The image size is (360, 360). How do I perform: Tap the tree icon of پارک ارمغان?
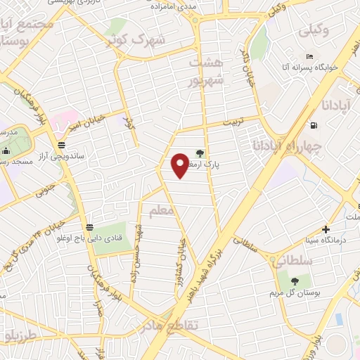click(200, 153)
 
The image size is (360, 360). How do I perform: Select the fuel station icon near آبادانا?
click(313, 126)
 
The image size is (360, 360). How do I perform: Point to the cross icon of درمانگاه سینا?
click(326, 229)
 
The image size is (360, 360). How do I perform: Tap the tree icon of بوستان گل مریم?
click(294, 281)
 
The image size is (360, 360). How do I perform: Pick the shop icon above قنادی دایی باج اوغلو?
click(89, 227)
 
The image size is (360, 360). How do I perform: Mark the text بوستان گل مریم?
click(297, 292)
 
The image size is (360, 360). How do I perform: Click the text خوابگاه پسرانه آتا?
click(311, 66)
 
